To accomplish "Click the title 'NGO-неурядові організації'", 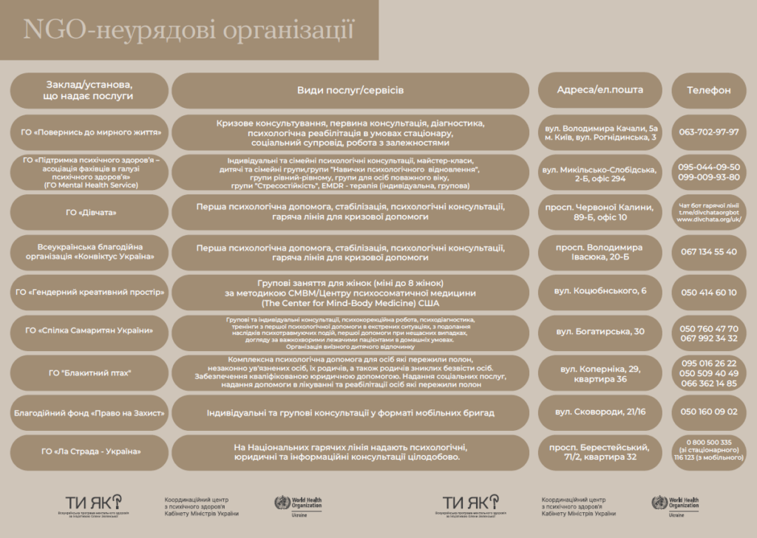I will click(189, 30).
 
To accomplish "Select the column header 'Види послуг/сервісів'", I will click(350, 90).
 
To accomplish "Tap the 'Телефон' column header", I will click(708, 90).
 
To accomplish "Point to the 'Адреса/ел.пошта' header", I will click(600, 90).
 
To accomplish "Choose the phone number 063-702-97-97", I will click(708, 132).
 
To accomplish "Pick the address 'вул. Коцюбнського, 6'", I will click(600, 291).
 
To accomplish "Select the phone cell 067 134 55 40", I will click(708, 252).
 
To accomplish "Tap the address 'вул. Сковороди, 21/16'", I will click(600, 412).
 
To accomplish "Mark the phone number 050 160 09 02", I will click(708, 412).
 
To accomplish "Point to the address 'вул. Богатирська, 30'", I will click(600, 331).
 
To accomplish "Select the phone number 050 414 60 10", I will click(708, 292).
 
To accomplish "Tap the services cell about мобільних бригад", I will click(350, 412).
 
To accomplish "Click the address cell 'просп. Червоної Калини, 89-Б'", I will click(600, 212).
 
